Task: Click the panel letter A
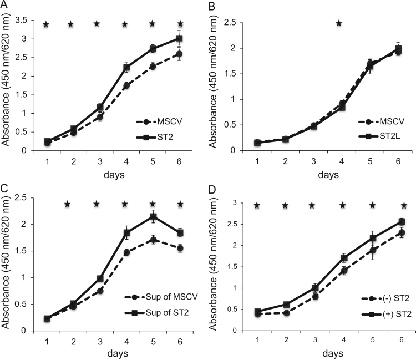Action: tap(4, 6)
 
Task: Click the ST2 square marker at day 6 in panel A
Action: tap(180, 38)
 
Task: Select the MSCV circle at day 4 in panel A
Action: tap(126, 86)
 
